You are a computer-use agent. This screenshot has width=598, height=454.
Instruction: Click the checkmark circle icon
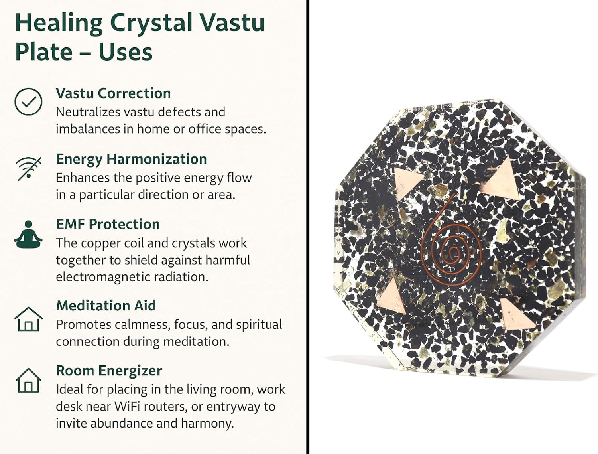[x=28, y=102]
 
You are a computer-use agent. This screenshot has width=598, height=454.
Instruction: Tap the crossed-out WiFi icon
[x=28, y=169]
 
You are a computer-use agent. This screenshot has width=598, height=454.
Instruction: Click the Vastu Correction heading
[x=113, y=93]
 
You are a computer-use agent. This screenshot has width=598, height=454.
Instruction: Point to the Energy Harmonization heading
[x=131, y=160]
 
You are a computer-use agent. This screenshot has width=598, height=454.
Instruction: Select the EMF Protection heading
[x=108, y=224]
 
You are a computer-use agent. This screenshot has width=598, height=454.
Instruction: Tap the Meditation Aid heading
[x=106, y=305]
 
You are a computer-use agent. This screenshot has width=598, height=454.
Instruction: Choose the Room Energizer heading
[x=109, y=371]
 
